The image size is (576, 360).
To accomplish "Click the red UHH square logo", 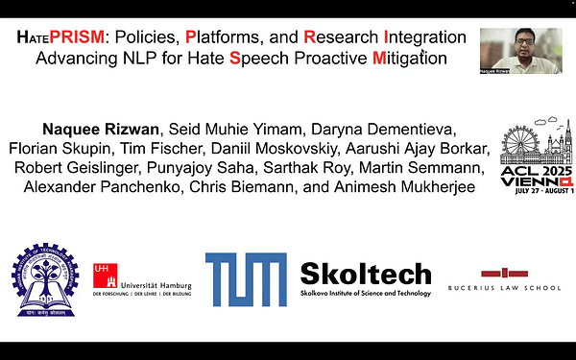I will (x=104, y=275).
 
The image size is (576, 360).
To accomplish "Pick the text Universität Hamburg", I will (x=155, y=285).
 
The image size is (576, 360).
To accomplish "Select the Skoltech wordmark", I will (x=365, y=274).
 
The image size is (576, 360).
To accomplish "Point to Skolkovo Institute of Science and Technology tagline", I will (x=365, y=292).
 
